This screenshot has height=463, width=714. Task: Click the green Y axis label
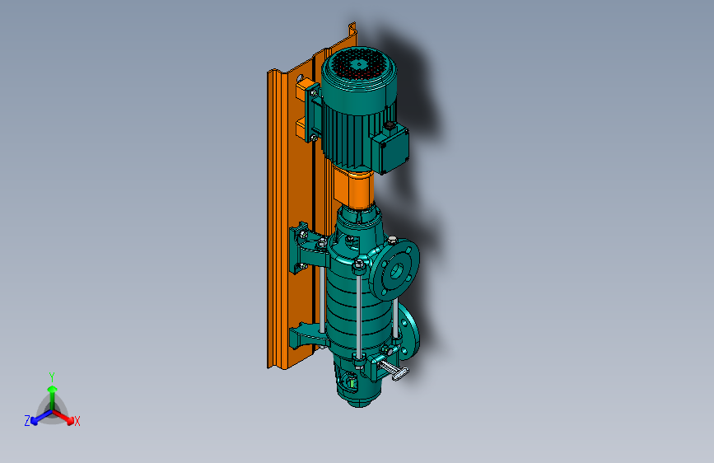(52, 377)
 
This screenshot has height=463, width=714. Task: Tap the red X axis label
(77, 421)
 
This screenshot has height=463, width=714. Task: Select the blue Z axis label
(27, 421)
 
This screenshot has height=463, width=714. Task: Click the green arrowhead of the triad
(53, 390)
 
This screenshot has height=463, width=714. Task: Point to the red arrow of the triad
(63, 417)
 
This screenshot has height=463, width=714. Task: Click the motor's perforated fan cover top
(359, 65)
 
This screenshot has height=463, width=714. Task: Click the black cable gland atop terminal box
(390, 125)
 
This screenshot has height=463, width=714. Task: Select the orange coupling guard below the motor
(354, 188)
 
